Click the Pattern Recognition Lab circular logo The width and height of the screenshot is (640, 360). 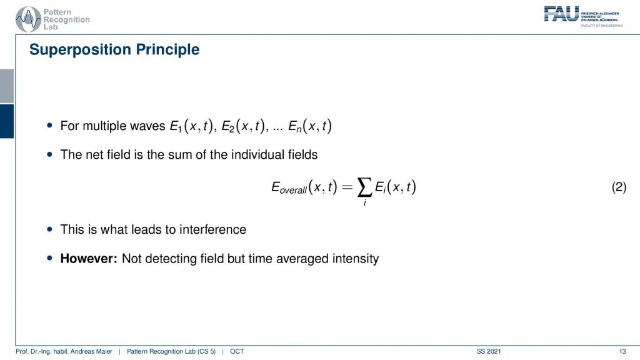(x=28, y=19)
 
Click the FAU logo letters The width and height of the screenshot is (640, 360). (x=561, y=14)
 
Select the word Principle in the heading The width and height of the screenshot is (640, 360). (x=167, y=50)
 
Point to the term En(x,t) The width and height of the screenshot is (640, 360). (x=310, y=126)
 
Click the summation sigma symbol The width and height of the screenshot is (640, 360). (x=364, y=187)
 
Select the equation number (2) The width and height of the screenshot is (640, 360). (x=619, y=187)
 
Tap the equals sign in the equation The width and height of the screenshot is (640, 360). (x=347, y=187)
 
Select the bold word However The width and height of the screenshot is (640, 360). (x=89, y=258)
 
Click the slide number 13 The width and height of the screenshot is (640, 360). (x=622, y=351)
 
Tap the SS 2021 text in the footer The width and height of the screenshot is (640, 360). (x=489, y=351)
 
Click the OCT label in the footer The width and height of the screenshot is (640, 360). (x=237, y=351)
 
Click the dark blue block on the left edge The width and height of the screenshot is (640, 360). (x=7, y=121)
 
